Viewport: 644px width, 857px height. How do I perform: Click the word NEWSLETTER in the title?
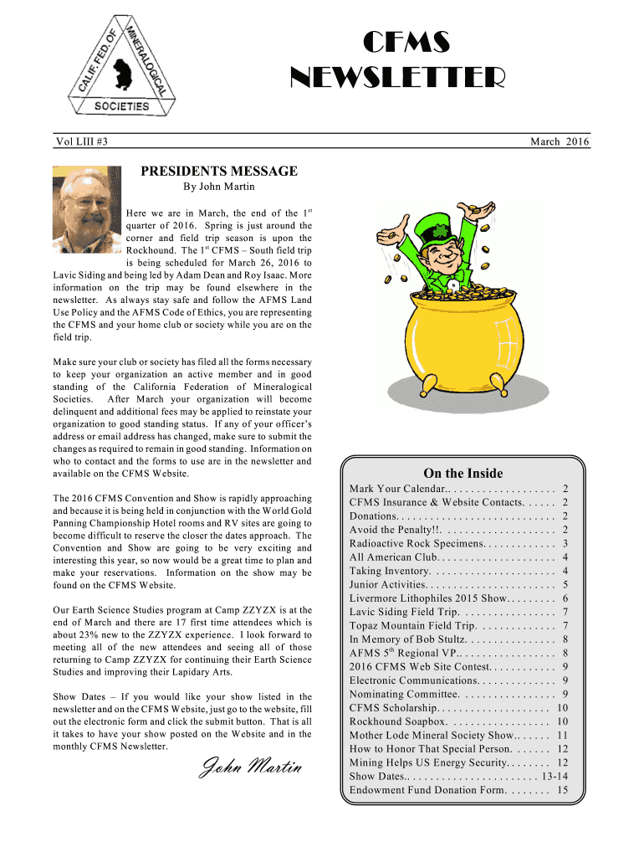pos(397,79)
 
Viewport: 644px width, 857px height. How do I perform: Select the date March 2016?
pos(560,142)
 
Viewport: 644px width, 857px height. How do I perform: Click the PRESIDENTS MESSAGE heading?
pos(218,171)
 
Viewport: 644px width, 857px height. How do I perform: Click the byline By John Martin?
pos(218,186)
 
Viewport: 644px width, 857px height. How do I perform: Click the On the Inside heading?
pos(463,473)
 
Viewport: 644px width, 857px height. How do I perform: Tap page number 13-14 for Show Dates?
pos(555,776)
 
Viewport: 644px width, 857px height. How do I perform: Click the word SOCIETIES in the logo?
pos(122,106)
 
